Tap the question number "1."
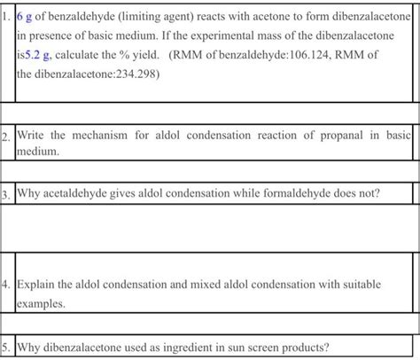coord(7,18)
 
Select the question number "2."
coord(7,137)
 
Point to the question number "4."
coord(7,285)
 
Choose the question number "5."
coord(7,346)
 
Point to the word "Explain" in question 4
coord(36,285)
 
